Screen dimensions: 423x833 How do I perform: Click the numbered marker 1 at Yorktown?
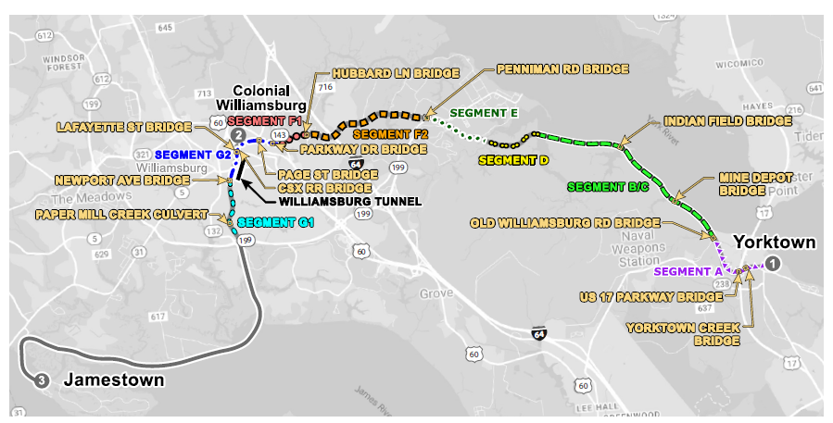pyautogui.click(x=775, y=264)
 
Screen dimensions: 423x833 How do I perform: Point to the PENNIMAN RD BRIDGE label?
pyautogui.click(x=562, y=69)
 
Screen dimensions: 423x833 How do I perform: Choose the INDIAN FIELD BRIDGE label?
pyautogui.click(x=727, y=121)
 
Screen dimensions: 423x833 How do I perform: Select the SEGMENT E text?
pyautogui.click(x=483, y=113)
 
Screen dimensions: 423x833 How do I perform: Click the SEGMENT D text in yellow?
pyautogui.click(x=513, y=160)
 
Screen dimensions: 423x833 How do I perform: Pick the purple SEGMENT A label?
pyautogui.click(x=688, y=272)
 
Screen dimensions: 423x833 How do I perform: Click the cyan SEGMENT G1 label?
pyautogui.click(x=276, y=223)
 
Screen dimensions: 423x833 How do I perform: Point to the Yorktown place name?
pyautogui.click(x=775, y=243)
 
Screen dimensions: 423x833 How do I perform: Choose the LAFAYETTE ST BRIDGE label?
pyautogui.click(x=121, y=126)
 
